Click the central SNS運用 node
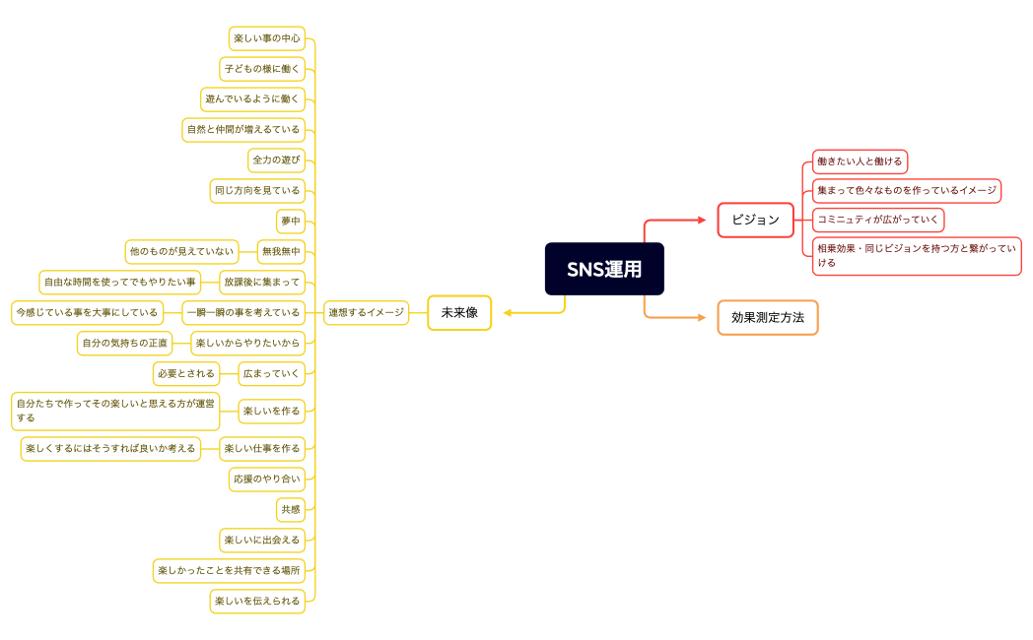point(604,269)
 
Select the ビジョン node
point(755,220)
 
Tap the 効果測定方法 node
point(768,317)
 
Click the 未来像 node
point(459,312)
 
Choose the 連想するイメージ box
point(366,312)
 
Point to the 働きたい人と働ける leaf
point(860,161)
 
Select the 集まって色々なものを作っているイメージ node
point(907,190)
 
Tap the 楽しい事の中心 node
point(266,38)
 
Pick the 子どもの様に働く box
point(261,69)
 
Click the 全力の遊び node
point(276,160)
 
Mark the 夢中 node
point(291,221)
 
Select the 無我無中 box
point(281,251)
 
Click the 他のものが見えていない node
point(181,251)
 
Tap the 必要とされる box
point(186,373)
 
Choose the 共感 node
point(291,509)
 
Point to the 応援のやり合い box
point(266,479)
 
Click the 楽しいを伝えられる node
point(256,601)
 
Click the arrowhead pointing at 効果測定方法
point(702,317)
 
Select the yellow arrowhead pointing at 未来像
point(509,313)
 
